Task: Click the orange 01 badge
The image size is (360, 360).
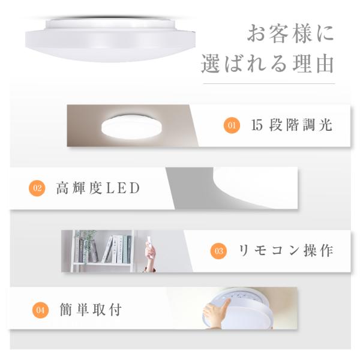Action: click(232, 125)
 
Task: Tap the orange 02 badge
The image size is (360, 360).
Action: click(37, 188)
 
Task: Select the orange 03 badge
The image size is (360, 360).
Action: click(218, 251)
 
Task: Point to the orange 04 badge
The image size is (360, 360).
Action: click(40, 310)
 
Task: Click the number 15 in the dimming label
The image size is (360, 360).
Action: click(256, 125)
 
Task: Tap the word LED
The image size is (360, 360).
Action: click(123, 188)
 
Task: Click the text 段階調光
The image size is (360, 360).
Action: click(301, 125)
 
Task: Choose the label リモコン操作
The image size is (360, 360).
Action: click(286, 251)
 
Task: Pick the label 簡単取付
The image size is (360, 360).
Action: click(91, 310)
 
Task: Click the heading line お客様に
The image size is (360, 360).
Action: click(290, 34)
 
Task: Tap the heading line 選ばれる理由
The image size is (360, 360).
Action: click(268, 64)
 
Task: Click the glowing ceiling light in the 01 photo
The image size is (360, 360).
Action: click(131, 127)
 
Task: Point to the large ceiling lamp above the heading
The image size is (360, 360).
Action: click(110, 39)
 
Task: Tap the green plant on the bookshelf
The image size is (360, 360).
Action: click(86, 244)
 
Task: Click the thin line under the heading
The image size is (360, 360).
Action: click(269, 84)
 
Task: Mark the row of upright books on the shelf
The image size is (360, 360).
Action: click(118, 250)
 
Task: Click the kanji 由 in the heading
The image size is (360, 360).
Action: click(325, 64)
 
